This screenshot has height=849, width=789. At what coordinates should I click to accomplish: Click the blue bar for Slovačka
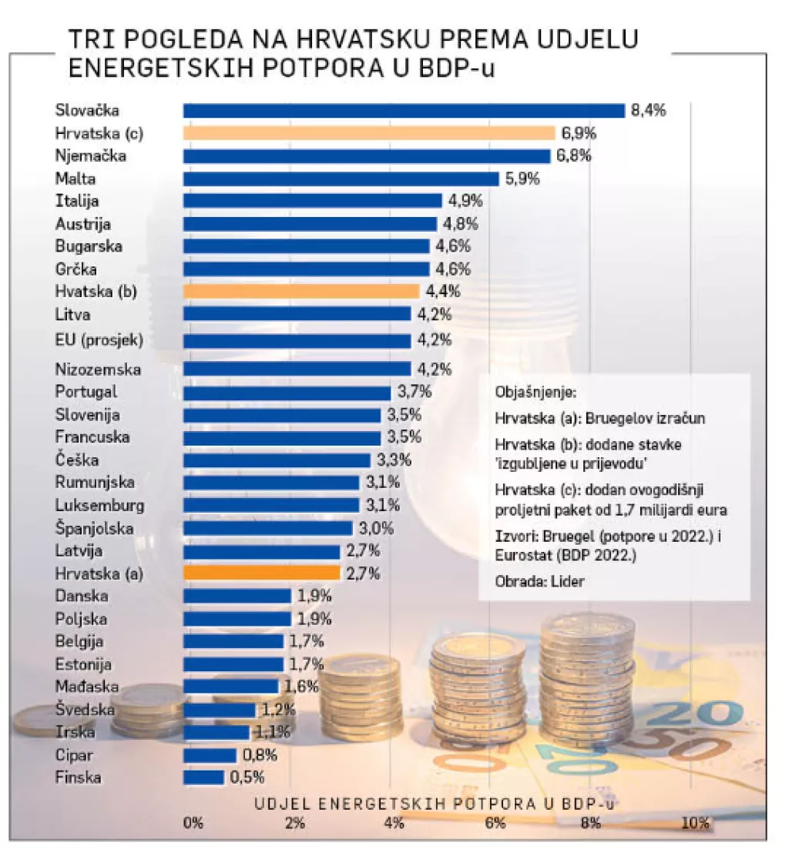coord(403,111)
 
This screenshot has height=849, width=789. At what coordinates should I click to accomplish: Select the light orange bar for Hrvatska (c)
coord(368,133)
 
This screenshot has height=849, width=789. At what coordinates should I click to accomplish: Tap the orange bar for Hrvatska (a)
coord(261,573)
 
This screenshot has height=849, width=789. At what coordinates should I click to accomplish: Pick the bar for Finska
coord(203,777)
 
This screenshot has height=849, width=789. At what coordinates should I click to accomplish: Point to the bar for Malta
coord(341,179)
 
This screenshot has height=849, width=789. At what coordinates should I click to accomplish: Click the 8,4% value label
coord(647,111)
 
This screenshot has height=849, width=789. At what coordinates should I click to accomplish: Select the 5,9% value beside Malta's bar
coord(522,179)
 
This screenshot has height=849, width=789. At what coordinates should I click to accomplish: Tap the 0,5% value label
coord(247,777)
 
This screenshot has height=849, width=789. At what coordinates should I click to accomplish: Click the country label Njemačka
coord(90,156)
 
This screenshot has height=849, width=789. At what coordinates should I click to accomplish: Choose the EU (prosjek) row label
coord(99,339)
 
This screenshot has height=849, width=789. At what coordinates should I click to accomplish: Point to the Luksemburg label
coord(99,506)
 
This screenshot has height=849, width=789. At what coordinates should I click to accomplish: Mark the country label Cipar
coord(74,755)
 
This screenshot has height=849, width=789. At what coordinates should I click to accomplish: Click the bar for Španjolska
coord(267,528)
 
